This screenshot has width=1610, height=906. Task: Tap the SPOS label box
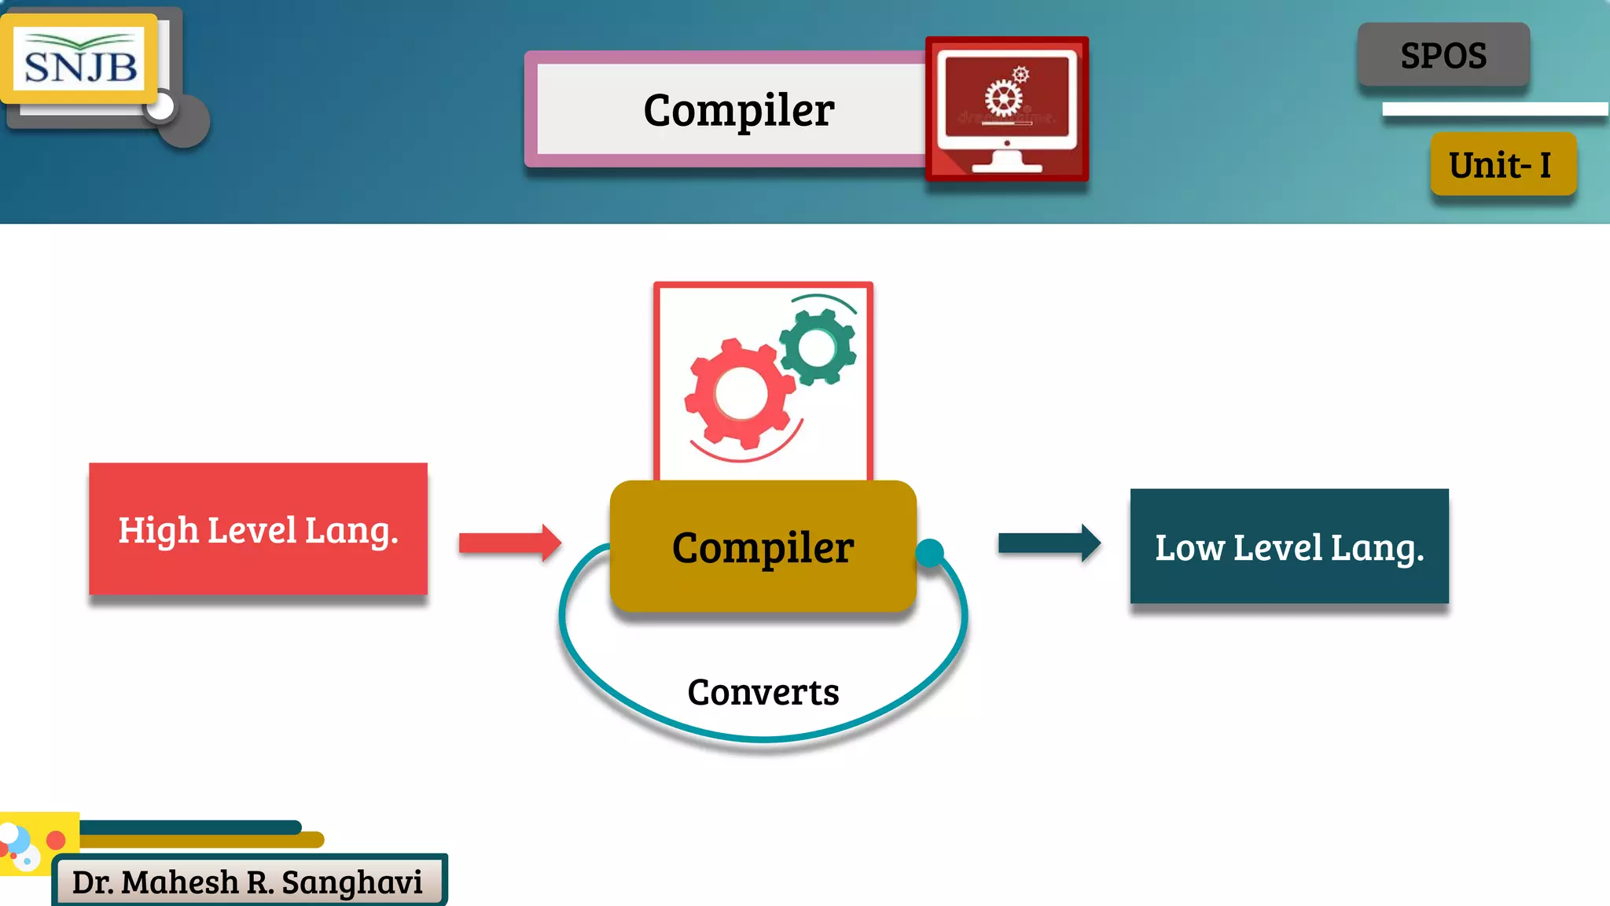coord(1443,55)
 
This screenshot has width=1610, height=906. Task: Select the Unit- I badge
coord(1502,164)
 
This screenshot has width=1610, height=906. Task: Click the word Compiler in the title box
coord(738,109)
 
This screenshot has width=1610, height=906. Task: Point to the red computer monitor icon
coord(1007,109)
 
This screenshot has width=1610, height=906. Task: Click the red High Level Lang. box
coord(258,529)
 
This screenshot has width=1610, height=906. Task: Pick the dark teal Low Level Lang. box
coord(1289,547)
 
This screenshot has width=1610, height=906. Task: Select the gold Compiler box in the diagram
coord(763,547)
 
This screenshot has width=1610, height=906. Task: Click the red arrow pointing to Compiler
coord(510,543)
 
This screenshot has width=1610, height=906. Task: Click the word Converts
coord(763,692)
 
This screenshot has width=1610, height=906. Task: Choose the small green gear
coord(818,347)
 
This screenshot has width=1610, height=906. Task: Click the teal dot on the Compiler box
coord(930,553)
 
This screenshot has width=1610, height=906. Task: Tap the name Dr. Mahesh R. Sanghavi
coord(248,882)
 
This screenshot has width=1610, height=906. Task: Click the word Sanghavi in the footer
coord(352,882)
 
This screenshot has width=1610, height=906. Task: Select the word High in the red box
coord(158,531)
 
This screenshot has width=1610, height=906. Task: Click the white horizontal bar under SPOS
coord(1494,109)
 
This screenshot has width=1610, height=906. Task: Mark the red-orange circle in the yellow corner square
coord(56,840)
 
